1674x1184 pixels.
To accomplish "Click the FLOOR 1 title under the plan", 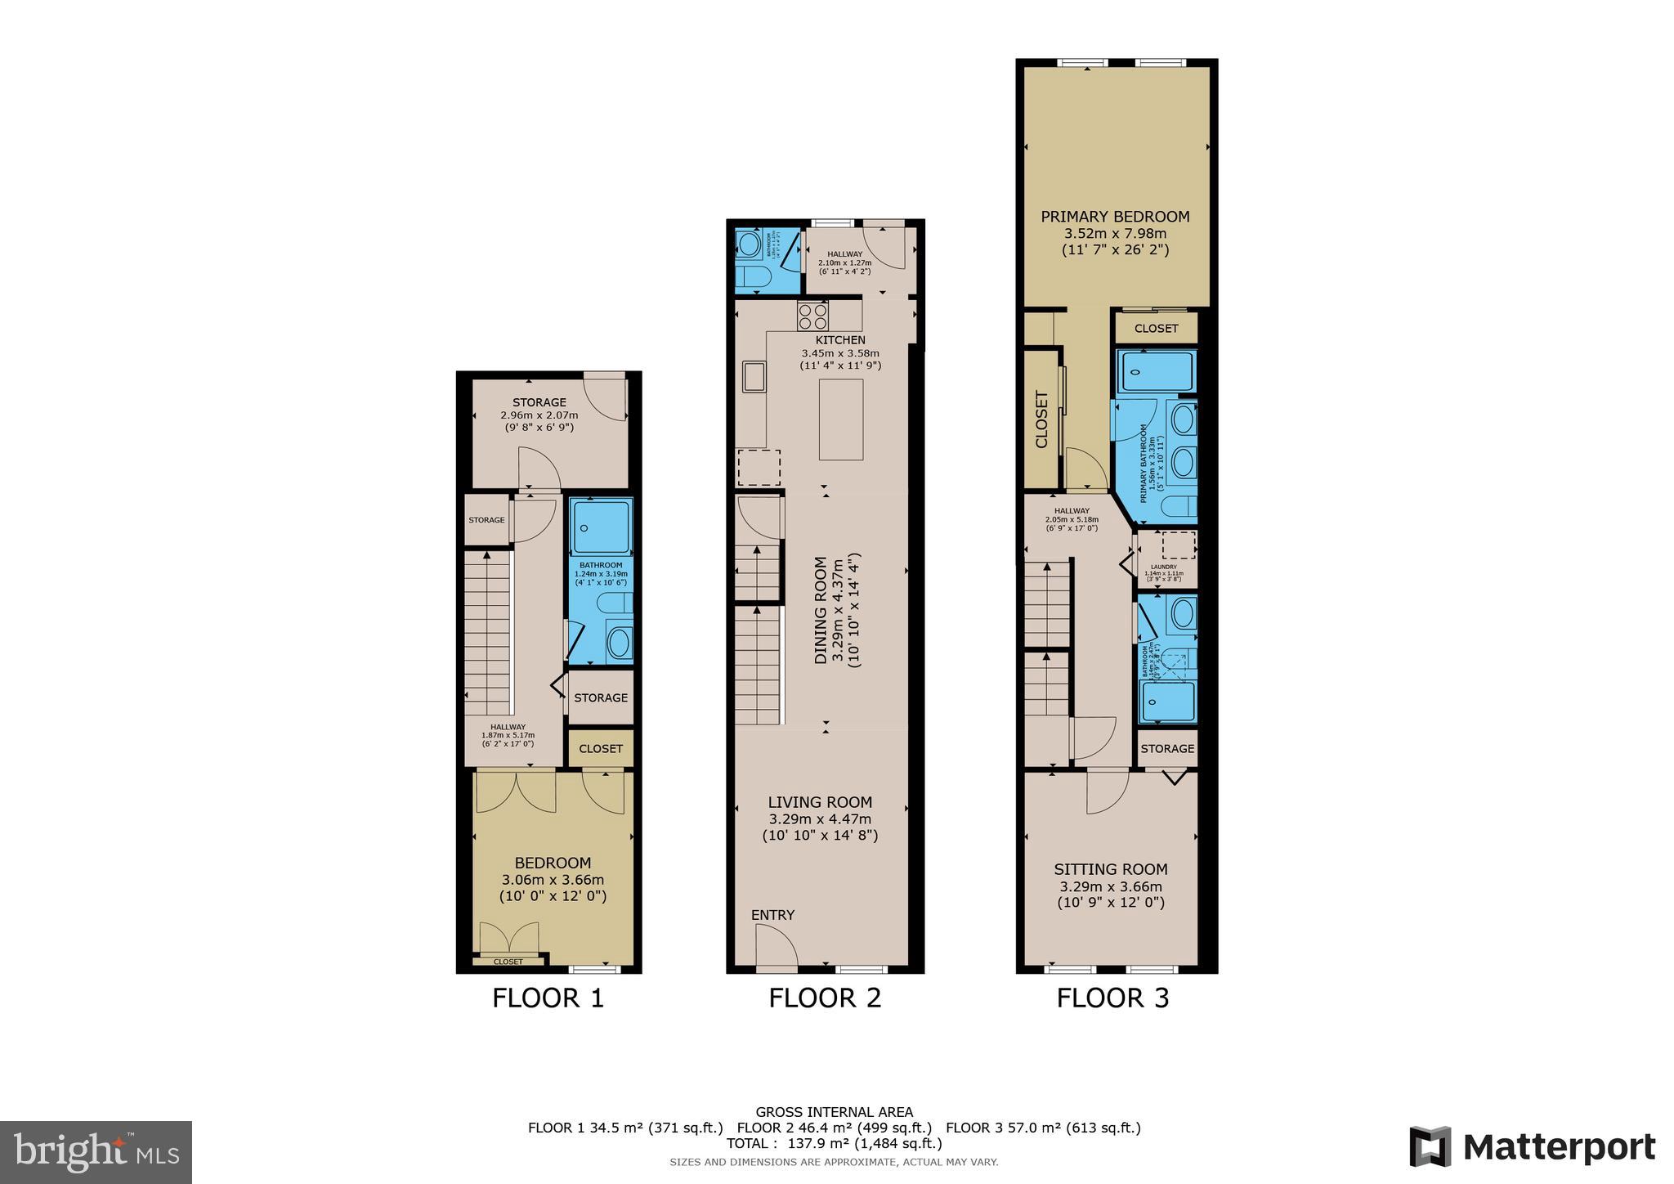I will coord(548,998).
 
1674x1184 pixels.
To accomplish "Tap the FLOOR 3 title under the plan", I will coord(1112,998).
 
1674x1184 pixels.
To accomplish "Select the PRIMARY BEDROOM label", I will coord(1115,217).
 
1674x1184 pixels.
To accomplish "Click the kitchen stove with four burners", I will coord(813,316).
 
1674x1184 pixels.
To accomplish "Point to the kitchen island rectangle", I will coord(841,419).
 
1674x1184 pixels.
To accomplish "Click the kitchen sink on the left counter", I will coord(754,377).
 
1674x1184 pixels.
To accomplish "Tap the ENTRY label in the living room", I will coord(772,915).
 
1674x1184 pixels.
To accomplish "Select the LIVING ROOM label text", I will coord(820,802).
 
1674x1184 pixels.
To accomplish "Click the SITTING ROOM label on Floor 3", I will coord(1110,869).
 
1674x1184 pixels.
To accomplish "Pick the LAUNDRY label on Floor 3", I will coord(1163,567).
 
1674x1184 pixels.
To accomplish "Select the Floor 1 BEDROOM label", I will coord(553,863).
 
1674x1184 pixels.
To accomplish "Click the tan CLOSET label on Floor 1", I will coord(601,748).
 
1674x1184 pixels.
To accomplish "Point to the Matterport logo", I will coord(1532,1147).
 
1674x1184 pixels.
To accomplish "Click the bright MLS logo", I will coord(96,1153).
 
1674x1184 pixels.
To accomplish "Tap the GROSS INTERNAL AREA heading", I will coord(834,1111).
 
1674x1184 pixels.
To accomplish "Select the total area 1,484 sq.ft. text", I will coord(901,1143).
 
